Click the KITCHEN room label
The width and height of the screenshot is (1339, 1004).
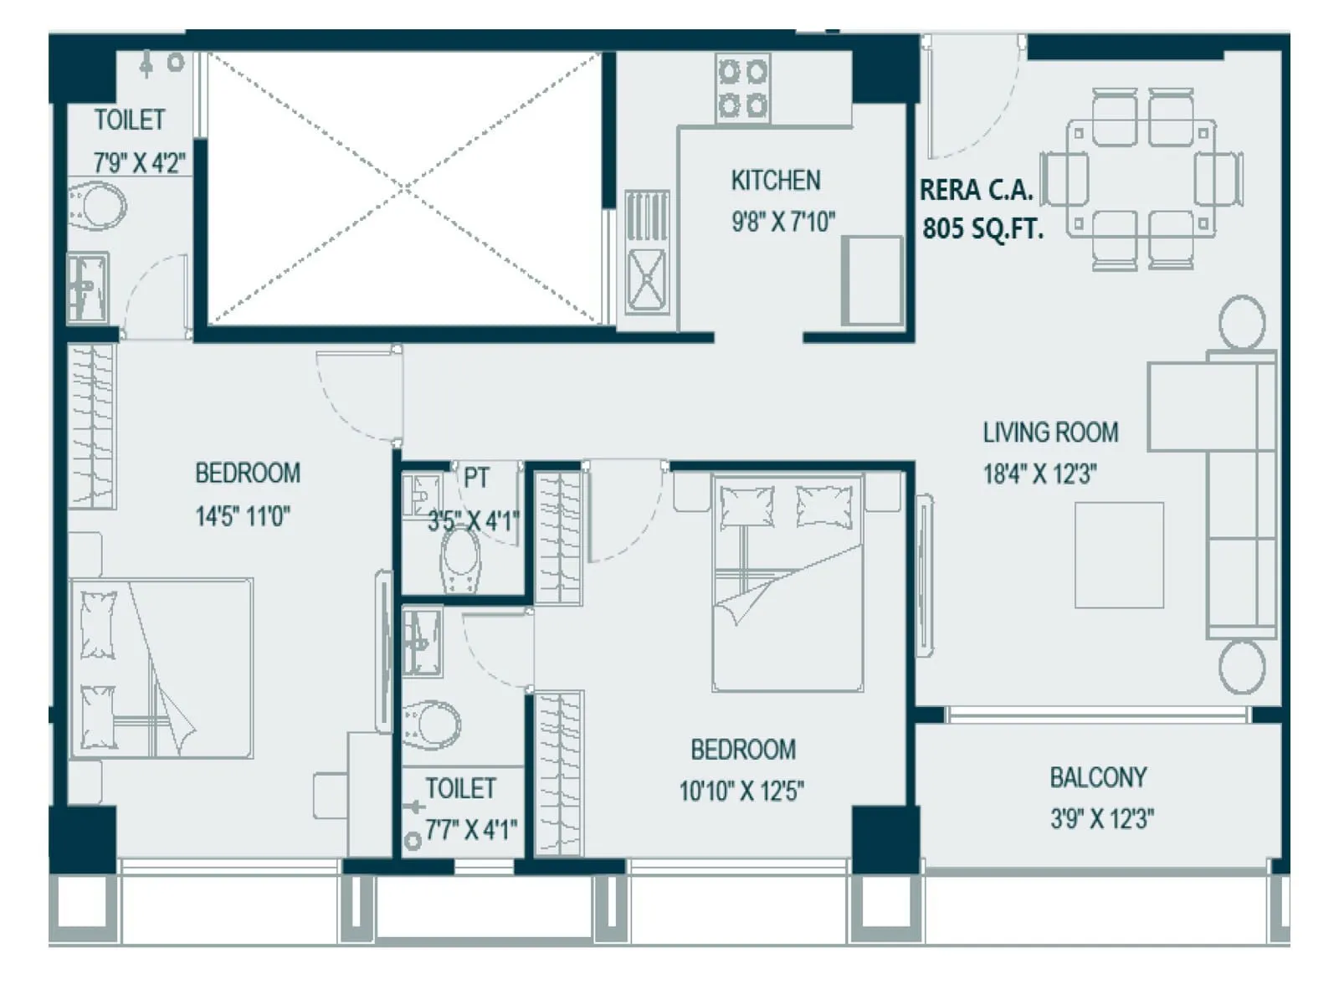pyautogui.click(x=775, y=181)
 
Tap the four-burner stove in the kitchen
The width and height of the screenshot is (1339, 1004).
pyautogui.click(x=742, y=88)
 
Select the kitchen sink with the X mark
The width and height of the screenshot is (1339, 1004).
pyautogui.click(x=647, y=278)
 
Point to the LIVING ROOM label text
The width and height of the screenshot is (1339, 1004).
pyautogui.click(x=1050, y=433)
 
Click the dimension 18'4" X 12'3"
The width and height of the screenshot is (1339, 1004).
pyautogui.click(x=1039, y=474)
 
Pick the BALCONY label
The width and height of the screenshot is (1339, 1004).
pyautogui.click(x=1098, y=777)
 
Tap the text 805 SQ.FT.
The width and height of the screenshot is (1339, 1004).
pyautogui.click(x=982, y=228)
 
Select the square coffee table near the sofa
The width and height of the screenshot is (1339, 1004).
pyautogui.click(x=1119, y=555)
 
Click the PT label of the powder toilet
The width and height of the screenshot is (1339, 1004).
pyautogui.click(x=475, y=479)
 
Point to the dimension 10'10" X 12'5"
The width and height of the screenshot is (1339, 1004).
pyautogui.click(x=741, y=791)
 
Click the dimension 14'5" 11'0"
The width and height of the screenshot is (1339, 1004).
pyautogui.click(x=243, y=516)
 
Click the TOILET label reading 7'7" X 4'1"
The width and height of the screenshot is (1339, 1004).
pyautogui.click(x=460, y=788)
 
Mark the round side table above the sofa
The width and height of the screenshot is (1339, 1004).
pyautogui.click(x=1242, y=322)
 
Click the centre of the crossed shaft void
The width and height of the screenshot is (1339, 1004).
pyautogui.click(x=404, y=187)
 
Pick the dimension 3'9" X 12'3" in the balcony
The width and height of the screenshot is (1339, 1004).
pyautogui.click(x=1102, y=818)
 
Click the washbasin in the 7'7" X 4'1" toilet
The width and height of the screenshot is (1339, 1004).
pyautogui.click(x=422, y=642)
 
